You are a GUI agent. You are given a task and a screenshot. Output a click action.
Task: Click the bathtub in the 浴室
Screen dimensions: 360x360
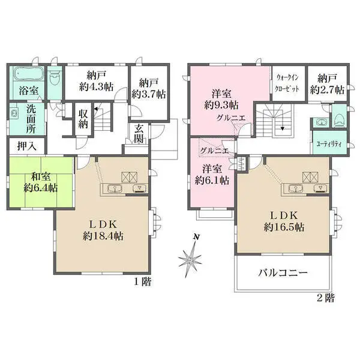pos(29,74)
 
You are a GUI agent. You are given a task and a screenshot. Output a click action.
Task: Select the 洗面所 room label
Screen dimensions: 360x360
pos(31,119)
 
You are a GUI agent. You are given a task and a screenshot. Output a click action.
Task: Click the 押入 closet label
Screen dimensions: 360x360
pos(27,146)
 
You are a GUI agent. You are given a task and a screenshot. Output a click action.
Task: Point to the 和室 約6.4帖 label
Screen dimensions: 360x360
pos(41,182)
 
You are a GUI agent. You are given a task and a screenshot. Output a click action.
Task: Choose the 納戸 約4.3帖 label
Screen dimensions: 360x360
pos(96,81)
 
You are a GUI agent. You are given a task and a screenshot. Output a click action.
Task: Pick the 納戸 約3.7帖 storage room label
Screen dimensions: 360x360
pos(149,88)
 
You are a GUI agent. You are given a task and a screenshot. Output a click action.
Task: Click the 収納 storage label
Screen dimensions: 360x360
pos(83,119)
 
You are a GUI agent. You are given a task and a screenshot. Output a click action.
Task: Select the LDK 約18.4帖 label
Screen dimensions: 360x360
pos(103,230)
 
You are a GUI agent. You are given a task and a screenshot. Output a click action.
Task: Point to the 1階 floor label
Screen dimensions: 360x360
pos(143,282)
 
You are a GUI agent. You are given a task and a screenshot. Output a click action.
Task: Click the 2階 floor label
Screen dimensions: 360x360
pos(326,298)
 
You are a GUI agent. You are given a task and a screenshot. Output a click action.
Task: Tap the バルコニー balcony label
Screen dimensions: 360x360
pos(283,273)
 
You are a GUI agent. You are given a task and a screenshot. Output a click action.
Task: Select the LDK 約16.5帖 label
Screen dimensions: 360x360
pos(284,221)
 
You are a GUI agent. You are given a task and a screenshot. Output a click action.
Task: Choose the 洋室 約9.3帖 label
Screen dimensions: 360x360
pos(221,99)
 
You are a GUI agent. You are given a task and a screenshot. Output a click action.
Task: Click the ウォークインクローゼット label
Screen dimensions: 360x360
pos(287,83)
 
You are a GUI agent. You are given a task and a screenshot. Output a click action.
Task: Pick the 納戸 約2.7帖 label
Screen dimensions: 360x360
pos(327,84)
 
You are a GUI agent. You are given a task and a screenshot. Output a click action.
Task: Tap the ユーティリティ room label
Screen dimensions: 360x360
pos(329,144)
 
